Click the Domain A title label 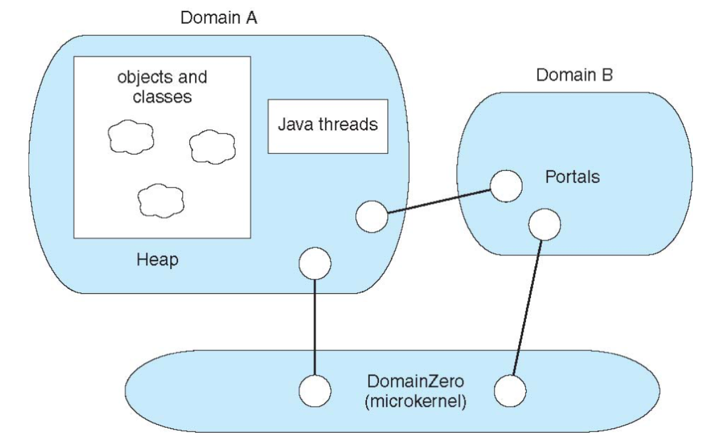coord(219,18)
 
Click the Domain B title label coord(574,76)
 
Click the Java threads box coord(327,125)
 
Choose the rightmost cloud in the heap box coord(211,146)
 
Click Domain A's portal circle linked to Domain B coord(371,216)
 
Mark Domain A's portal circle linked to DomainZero coord(315,262)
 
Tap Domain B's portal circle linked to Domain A coord(505,185)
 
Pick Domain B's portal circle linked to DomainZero coord(544,224)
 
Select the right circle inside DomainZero coord(510,391)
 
